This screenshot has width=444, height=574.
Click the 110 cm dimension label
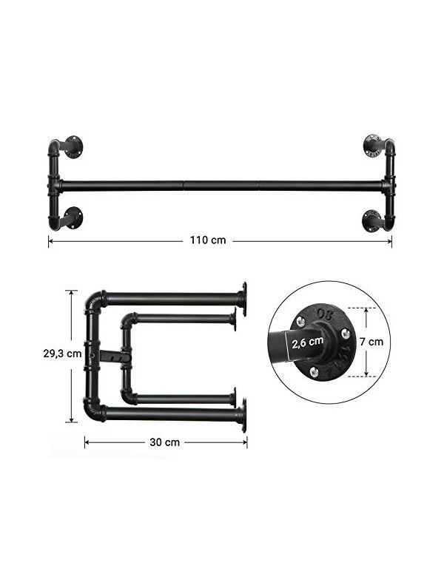[208, 240]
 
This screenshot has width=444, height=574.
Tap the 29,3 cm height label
[62, 354]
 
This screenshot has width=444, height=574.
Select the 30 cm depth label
[164, 442]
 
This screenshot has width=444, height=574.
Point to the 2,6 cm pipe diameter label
[308, 342]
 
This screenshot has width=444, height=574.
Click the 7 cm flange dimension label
[371, 342]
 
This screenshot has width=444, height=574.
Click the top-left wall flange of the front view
[74, 146]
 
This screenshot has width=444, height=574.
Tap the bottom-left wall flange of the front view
[73, 218]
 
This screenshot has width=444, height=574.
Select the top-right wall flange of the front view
[372, 146]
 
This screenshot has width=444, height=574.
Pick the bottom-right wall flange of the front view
[371, 220]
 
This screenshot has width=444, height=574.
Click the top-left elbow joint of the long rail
[54, 146]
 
